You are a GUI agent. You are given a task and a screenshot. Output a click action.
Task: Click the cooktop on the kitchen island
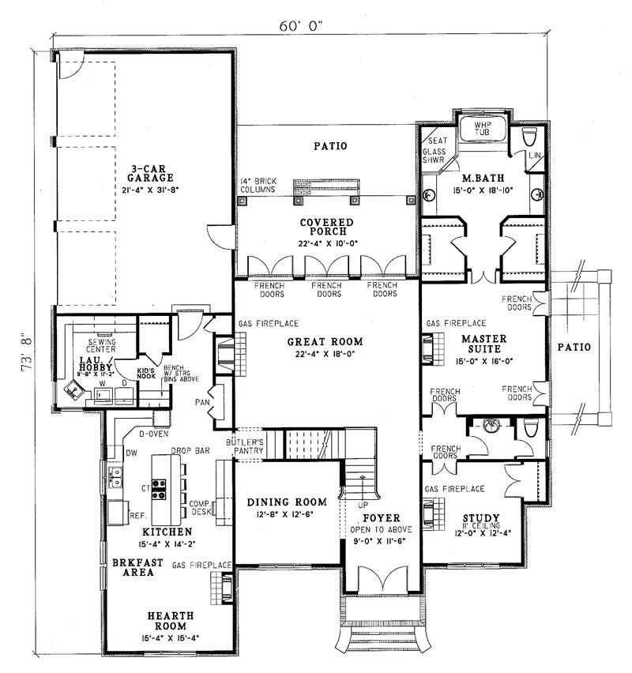click(158, 490)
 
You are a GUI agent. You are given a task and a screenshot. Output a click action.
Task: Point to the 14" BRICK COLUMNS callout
click(258, 186)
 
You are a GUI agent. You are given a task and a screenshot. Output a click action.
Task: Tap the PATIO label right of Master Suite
click(574, 346)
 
